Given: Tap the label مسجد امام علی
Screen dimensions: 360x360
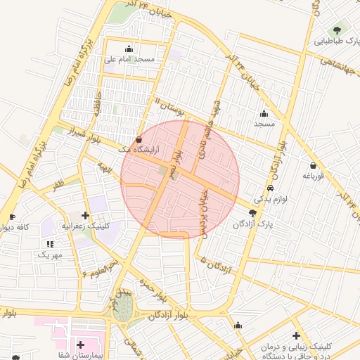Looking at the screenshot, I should (x=129, y=60).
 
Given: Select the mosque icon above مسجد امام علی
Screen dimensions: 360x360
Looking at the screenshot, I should (x=129, y=49).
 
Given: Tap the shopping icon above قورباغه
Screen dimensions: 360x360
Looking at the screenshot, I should (x=311, y=166).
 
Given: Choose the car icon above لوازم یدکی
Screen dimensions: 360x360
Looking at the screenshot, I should (x=271, y=188).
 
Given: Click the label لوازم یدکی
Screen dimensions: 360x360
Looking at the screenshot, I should (x=271, y=200).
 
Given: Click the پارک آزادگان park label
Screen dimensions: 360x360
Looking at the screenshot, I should (x=253, y=224).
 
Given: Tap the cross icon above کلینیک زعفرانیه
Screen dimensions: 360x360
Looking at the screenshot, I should (x=86, y=215).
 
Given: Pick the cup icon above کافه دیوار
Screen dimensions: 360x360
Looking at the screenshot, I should (x=11, y=217).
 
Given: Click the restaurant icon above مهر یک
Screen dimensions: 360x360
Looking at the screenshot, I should (x=49, y=243).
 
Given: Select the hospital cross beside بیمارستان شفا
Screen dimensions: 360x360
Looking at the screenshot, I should (x=81, y=345).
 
